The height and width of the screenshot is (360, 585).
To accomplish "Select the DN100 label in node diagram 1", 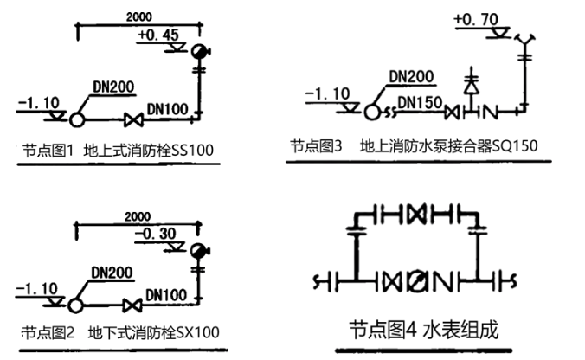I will [x=167, y=110].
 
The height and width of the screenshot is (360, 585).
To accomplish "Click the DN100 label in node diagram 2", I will [x=166, y=295].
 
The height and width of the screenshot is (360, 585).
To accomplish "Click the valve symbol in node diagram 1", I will [x=133, y=119].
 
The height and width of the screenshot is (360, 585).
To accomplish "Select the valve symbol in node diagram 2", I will [x=133, y=305].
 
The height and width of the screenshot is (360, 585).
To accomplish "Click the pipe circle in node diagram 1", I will [x=76, y=119].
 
